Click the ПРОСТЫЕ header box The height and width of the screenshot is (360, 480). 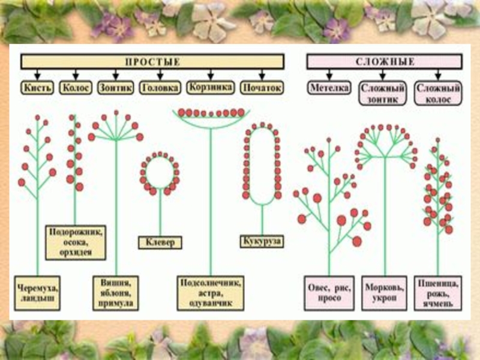click(152, 62)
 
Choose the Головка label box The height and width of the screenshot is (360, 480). click(160, 88)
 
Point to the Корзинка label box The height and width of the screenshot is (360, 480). click(209, 87)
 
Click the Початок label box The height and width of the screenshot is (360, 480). click(262, 88)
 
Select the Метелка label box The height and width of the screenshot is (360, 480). click(330, 88)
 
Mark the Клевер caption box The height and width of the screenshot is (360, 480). click(160, 243)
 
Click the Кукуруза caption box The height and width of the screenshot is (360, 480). click(262, 241)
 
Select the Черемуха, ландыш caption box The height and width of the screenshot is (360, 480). click(37, 293)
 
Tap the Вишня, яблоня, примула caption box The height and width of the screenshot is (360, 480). click(116, 293)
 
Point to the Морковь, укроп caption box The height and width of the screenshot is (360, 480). click(385, 293)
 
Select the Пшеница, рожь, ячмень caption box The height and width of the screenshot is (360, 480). click(442, 293)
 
